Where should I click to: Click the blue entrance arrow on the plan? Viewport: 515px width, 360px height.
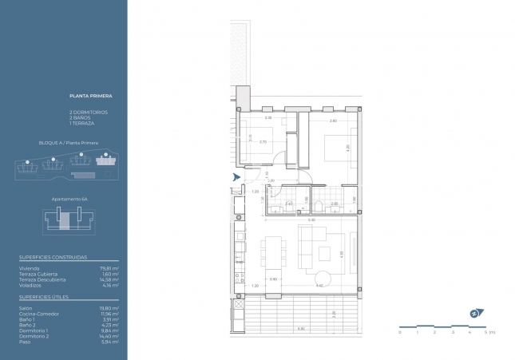coord(235,177)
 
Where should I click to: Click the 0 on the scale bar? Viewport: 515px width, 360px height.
coord(399,332)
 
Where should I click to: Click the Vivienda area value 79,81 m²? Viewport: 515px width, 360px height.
coord(111,269)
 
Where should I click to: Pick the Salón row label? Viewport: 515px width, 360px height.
coord(26,307)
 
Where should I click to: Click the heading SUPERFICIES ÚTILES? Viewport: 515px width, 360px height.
coord(44,296)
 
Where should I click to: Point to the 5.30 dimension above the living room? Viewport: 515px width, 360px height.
coord(312,220)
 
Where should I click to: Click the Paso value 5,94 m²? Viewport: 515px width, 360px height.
coord(112,342)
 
